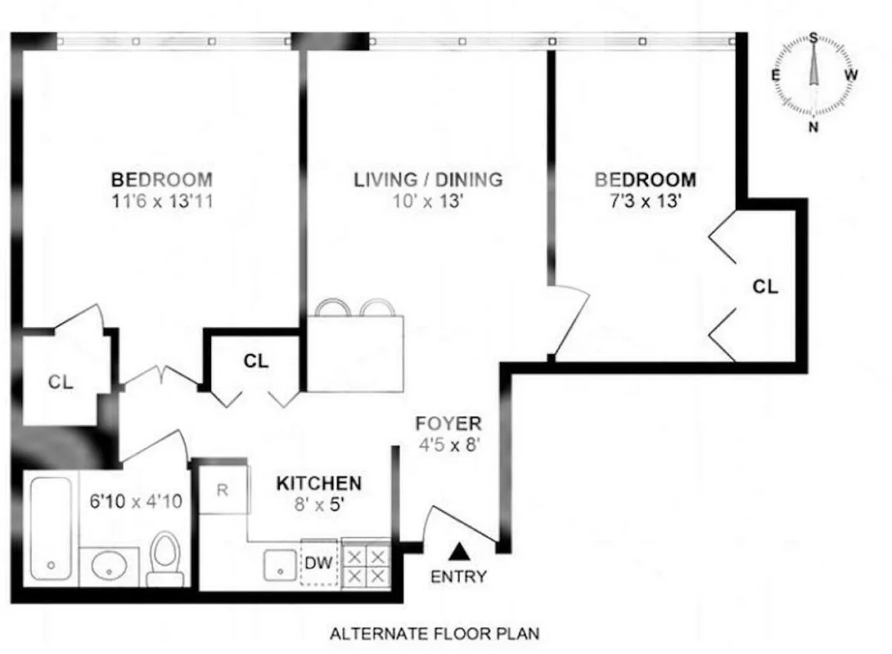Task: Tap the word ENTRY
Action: tap(458, 576)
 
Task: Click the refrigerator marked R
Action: tap(223, 491)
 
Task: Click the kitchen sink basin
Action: tap(280, 564)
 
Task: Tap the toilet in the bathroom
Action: tap(166, 559)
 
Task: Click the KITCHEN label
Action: tap(318, 483)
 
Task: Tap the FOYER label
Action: tap(448, 424)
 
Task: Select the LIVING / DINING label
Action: tap(428, 180)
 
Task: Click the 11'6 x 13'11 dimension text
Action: tap(161, 201)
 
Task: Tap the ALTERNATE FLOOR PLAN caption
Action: tap(434, 633)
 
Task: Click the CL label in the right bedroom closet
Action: tap(765, 287)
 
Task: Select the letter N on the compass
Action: tap(813, 127)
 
